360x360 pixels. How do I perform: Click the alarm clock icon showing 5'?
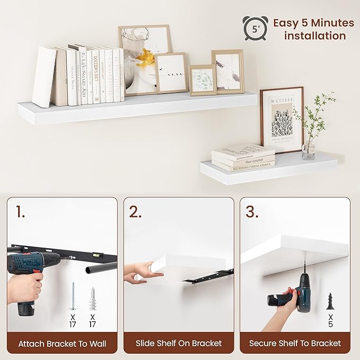[255, 28]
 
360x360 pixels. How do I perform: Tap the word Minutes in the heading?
[328, 23]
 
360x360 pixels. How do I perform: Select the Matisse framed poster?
[282, 120]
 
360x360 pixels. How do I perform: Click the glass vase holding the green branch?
[309, 151]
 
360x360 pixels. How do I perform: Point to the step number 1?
[20, 213]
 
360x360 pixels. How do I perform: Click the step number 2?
[136, 213]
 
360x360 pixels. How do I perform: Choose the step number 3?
[252, 213]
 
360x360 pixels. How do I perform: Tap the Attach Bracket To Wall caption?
[62, 344]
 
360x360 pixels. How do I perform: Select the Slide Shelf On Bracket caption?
[179, 344]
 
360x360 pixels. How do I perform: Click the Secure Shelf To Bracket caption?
[295, 344]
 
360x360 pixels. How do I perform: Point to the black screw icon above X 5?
[330, 302]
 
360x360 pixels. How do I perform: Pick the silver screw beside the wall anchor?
[73, 296]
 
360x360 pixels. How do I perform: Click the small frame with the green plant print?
[203, 80]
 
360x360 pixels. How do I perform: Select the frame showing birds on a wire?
[171, 73]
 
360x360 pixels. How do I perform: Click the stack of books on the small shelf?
[243, 157]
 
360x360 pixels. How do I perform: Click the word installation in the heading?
[315, 36]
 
